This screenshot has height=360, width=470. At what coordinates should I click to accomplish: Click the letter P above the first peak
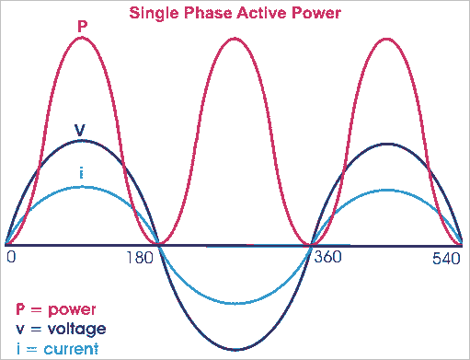(x=82, y=25)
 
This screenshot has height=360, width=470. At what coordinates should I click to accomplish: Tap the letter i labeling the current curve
(x=82, y=175)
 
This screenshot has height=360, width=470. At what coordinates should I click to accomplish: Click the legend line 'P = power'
(x=56, y=308)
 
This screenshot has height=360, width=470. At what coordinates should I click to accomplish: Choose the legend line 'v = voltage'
(x=61, y=328)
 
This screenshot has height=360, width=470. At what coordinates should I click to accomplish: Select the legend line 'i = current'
(x=57, y=347)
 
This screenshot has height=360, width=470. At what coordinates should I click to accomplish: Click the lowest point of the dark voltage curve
(x=236, y=350)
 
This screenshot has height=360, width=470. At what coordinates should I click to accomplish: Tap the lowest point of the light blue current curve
(x=235, y=303)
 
